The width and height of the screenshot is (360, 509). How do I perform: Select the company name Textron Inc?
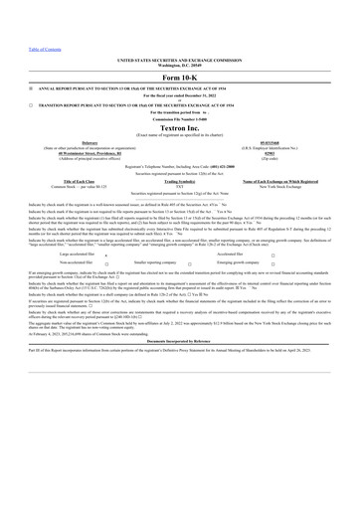click(x=179, y=130)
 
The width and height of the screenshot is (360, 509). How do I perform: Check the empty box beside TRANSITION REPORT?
click(x=31, y=104)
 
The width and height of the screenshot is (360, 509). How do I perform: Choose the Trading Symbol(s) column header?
click(x=179, y=181)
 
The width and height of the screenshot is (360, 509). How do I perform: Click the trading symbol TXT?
click(x=179, y=186)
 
